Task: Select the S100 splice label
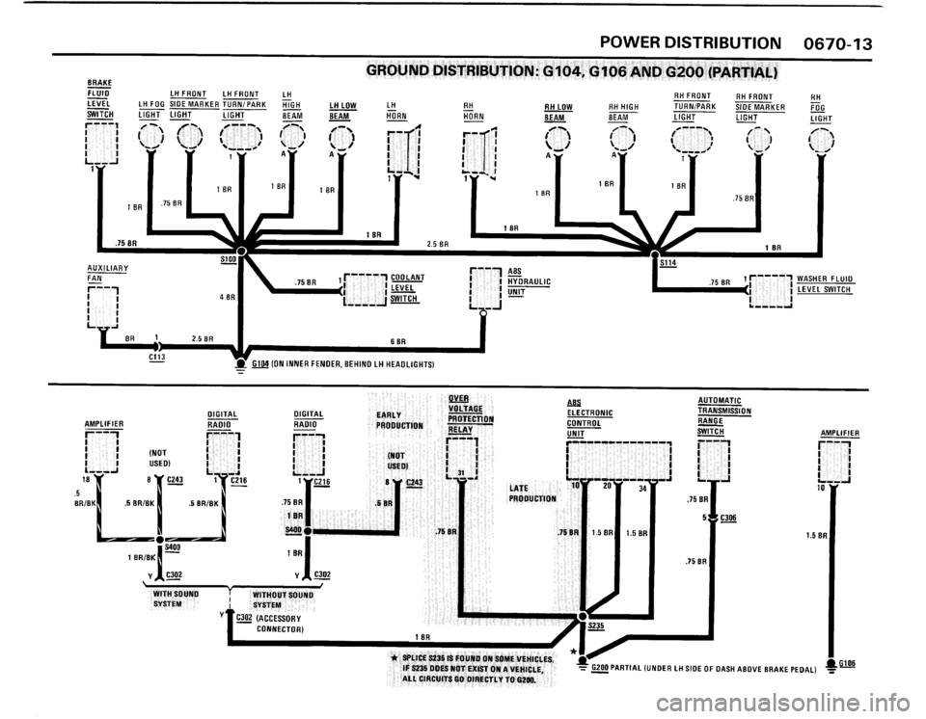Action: (228, 260)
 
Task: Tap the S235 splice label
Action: (596, 626)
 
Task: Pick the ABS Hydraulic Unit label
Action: (528, 280)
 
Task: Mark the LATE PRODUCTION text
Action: (532, 493)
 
